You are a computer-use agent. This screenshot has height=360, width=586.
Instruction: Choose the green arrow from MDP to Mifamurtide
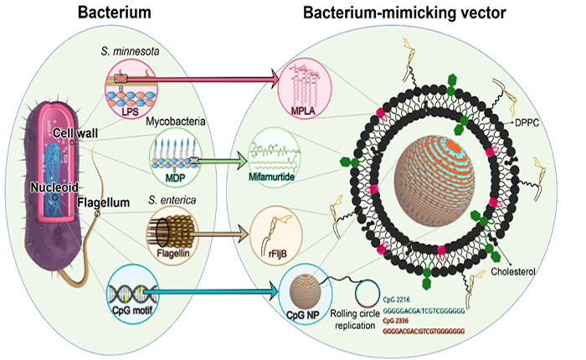point(213,155)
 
